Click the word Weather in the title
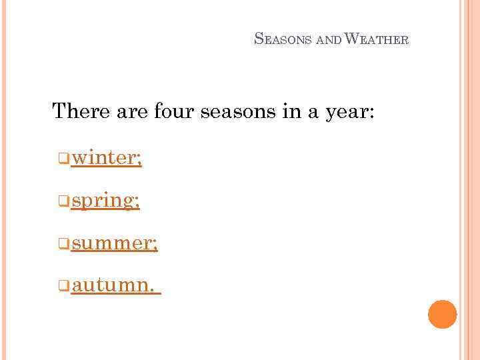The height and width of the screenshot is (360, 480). pos(377,39)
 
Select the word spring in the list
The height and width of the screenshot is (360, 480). pos(103,201)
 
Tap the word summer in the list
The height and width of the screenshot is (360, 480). pos(111,243)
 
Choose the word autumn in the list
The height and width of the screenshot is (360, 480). pos(111,286)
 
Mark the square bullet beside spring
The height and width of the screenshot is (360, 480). pos(63,201)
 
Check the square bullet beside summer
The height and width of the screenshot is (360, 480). pos(63,244)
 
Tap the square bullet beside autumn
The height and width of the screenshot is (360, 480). pos(63,287)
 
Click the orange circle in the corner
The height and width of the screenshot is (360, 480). pos(442,314)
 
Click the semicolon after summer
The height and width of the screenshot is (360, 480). pos(155,245)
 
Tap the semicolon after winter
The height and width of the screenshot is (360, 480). pos(139,160)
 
